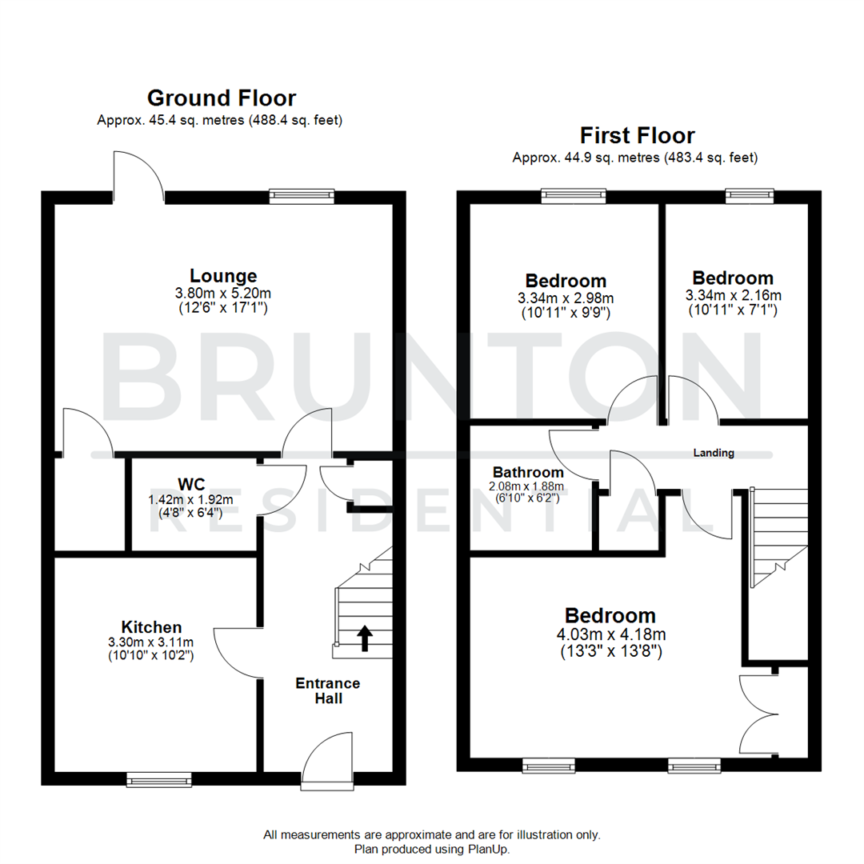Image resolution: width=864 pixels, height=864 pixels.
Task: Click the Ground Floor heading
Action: point(221,98)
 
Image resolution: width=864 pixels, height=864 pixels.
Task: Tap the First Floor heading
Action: point(637,135)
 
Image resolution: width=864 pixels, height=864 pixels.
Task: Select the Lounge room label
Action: point(223,276)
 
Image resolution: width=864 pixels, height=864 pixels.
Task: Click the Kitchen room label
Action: point(151,626)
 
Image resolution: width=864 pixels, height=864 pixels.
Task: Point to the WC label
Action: point(191,484)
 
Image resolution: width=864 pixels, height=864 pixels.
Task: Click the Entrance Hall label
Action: point(328,691)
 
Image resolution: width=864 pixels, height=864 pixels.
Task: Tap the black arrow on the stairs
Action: point(365,638)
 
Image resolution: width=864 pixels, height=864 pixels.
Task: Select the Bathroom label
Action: point(528,472)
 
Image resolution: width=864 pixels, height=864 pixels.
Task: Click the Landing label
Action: point(713,453)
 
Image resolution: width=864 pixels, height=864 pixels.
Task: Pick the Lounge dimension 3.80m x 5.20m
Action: point(223,293)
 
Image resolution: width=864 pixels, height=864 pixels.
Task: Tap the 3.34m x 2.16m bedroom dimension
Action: point(733,296)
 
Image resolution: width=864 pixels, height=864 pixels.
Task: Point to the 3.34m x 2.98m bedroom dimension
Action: point(566,298)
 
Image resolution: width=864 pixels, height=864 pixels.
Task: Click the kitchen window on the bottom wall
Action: point(159,778)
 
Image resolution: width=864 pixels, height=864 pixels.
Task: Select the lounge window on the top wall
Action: point(302,195)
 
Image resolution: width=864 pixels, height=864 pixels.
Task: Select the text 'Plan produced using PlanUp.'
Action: point(431,848)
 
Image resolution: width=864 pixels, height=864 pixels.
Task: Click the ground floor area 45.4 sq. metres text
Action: point(220,121)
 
